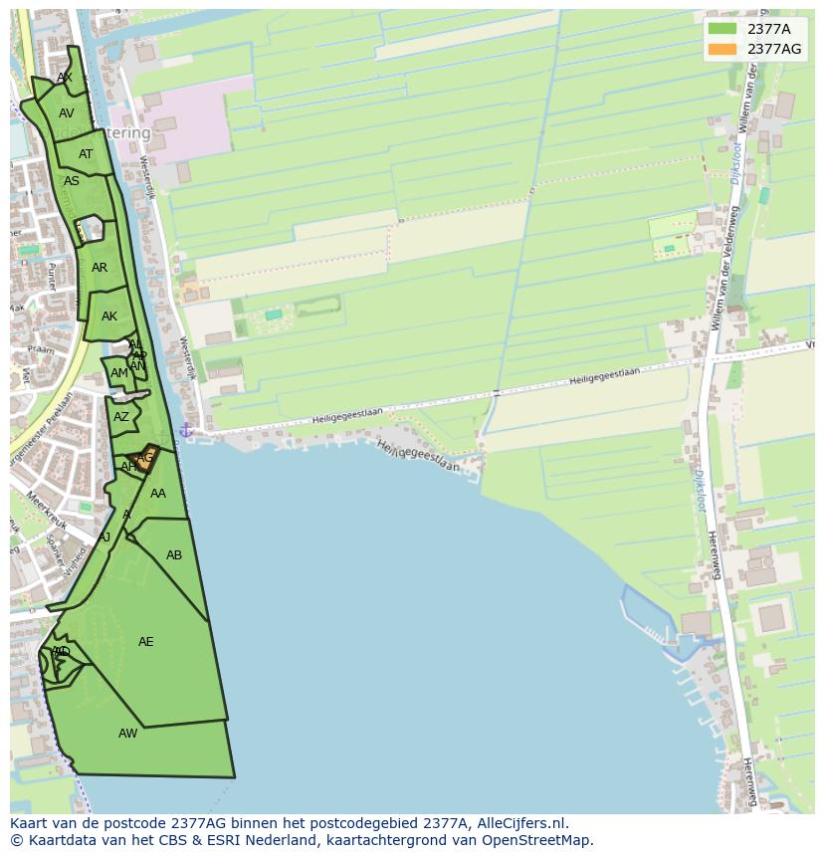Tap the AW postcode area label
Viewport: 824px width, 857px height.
pos(128,734)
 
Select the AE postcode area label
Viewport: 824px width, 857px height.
pos(146,642)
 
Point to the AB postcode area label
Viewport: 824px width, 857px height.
pos(174,555)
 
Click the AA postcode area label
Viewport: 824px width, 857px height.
pos(158,494)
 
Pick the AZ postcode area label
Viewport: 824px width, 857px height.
pos(121,418)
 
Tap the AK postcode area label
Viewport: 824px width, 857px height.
pos(109,317)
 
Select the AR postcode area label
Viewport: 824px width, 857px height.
pos(100,268)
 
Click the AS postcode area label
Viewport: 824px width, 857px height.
pos(72,181)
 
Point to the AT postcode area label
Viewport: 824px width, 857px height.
pos(86,154)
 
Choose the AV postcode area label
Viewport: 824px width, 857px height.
pos(67,113)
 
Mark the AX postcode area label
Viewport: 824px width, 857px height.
pos(65,78)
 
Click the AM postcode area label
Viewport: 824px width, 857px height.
pos(118,373)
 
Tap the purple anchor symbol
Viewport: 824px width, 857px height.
pos(185,430)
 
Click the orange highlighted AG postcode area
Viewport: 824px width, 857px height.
pos(145,458)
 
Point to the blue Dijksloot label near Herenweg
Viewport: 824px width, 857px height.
pos(700,490)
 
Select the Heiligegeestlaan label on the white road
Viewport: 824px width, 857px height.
pos(604,376)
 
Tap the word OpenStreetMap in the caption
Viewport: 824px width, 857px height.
pos(537,840)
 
